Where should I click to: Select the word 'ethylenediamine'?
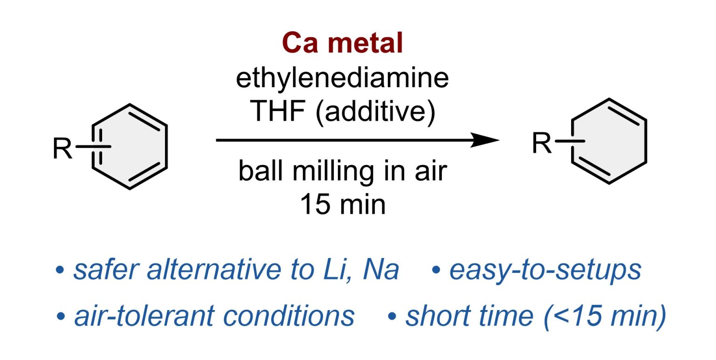342,78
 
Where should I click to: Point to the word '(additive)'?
376,112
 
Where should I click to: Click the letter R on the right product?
542,143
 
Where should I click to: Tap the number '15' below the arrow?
315,205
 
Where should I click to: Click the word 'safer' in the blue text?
106,270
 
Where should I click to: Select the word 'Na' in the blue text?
381,270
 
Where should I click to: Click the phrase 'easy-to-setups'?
545,271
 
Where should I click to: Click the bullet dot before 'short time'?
392,317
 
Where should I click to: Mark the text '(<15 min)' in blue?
605,317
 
